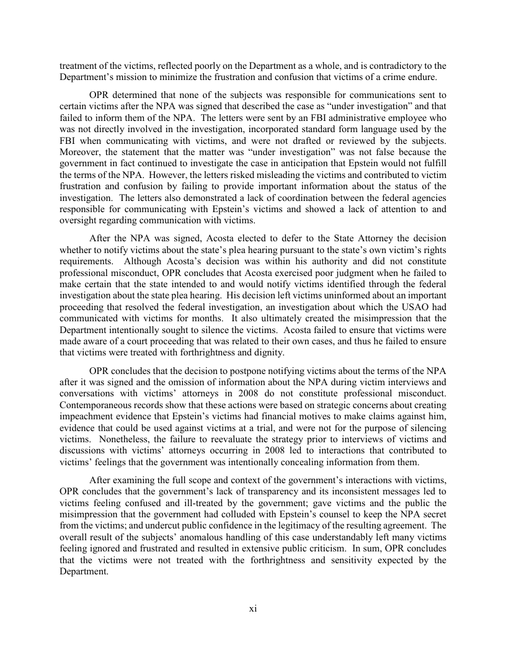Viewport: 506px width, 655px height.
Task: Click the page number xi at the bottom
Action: tap(253, 608)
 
